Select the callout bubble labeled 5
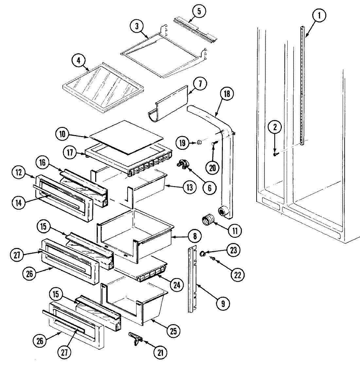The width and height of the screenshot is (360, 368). [x=200, y=11]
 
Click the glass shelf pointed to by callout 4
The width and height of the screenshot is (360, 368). [x=103, y=88]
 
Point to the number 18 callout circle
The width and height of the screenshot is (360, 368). [x=226, y=94]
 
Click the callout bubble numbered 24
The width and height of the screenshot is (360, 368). [x=177, y=285]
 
